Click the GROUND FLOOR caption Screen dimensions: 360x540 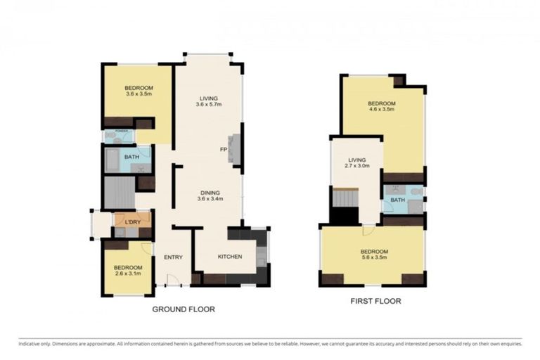(x=184, y=309)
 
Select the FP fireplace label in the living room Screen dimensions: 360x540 (x=223, y=150)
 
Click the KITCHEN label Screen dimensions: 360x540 (x=230, y=257)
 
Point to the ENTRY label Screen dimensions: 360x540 (x=174, y=257)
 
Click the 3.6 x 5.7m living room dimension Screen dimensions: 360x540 (x=208, y=105)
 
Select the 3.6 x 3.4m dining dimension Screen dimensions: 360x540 (x=210, y=199)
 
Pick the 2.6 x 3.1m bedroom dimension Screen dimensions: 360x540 (x=128, y=274)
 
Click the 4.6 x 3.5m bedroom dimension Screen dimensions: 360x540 (x=382, y=110)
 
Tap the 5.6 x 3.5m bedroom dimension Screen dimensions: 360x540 (x=374, y=259)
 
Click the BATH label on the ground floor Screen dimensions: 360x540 (x=131, y=157)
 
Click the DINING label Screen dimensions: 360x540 (x=210, y=192)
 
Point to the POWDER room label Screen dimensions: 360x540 (x=113, y=131)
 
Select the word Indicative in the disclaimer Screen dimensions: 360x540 (x=29, y=343)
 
